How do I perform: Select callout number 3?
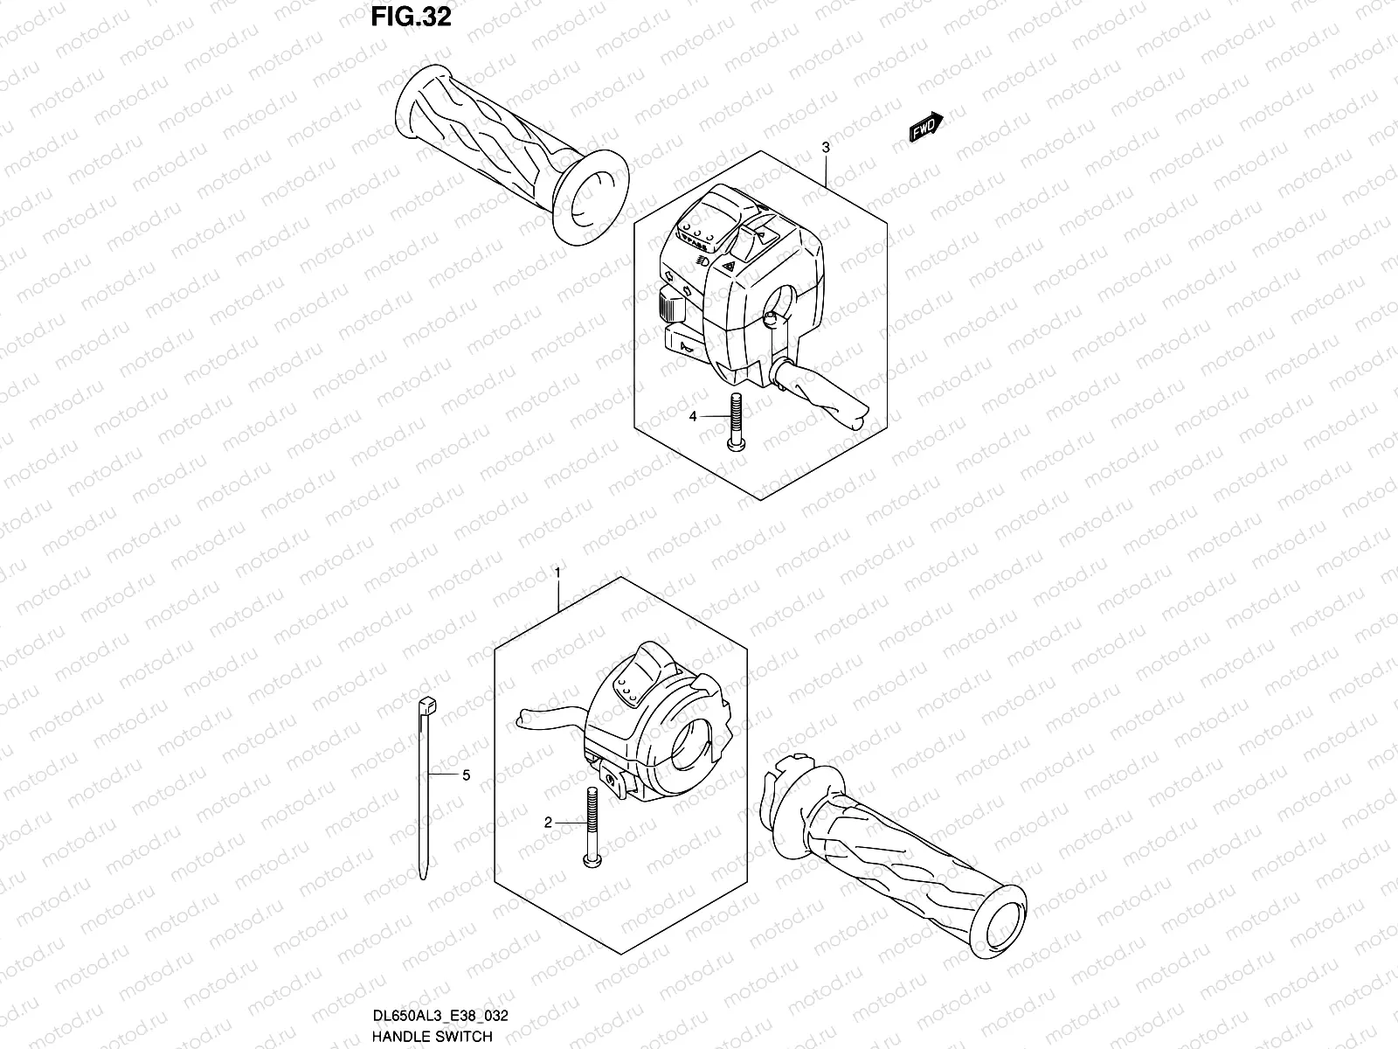(x=826, y=149)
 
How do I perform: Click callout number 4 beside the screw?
(x=693, y=417)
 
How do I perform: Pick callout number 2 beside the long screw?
(x=548, y=823)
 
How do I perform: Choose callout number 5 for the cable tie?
(x=466, y=775)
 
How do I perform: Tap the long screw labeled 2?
(x=591, y=826)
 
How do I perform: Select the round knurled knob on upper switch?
(x=668, y=306)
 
